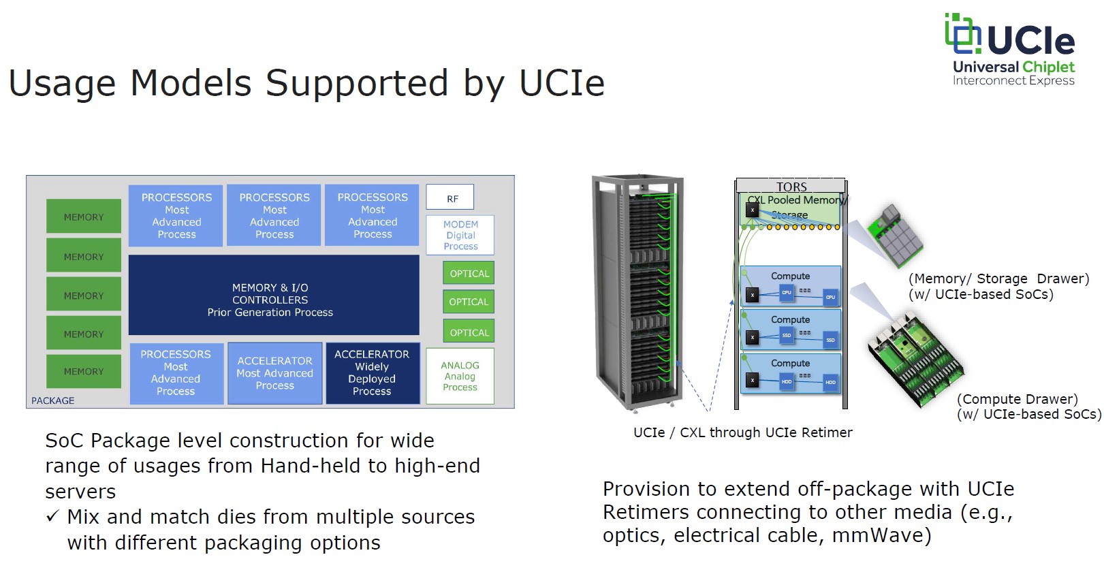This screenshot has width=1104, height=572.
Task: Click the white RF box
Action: (450, 197)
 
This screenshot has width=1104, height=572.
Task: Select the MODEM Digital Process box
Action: (460, 235)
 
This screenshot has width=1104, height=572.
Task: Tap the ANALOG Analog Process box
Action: (460, 376)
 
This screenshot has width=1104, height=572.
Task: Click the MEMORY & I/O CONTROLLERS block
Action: (273, 295)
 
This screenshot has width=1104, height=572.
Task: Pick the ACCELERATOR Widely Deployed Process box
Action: (372, 373)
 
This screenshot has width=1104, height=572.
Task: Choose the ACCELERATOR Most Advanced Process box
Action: (274, 373)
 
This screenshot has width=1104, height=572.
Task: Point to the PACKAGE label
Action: (52, 400)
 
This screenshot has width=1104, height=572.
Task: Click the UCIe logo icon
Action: (962, 34)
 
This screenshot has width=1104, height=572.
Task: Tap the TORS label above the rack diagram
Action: (791, 186)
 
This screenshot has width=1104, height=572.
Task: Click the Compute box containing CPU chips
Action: (790, 286)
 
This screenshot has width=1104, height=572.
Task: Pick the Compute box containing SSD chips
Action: (790, 329)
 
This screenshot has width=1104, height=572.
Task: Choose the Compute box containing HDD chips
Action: (790, 372)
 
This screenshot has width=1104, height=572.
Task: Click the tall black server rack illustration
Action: (639, 293)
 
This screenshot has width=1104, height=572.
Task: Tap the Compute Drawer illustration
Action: (915, 357)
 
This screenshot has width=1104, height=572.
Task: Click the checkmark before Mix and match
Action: (52, 517)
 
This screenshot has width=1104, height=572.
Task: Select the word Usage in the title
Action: (63, 83)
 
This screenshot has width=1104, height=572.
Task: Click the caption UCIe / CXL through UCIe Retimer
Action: (742, 432)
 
